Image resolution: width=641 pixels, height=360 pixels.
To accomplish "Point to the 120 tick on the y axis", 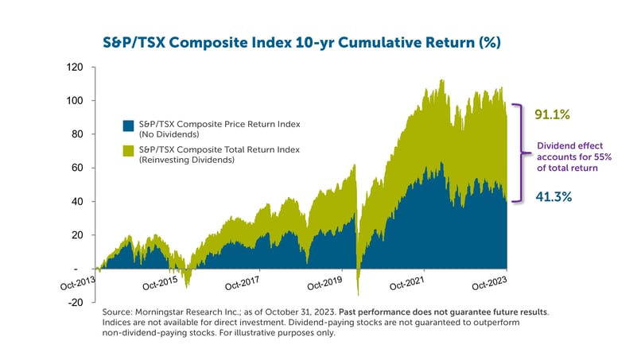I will pyautogui.click(x=77, y=68).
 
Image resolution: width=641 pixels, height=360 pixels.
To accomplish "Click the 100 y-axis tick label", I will pyautogui.click(x=77, y=101).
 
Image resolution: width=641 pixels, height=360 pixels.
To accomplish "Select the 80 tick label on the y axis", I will pyautogui.click(x=80, y=134).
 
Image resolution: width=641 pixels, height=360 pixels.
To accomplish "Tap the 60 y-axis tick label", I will pyautogui.click(x=80, y=168).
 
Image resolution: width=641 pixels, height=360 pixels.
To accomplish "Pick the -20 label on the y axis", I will pyautogui.click(x=78, y=302).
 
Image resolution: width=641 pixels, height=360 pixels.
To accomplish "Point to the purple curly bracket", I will pyautogui.click(x=520, y=153).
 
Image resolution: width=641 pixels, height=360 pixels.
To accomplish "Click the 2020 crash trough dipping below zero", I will pyautogui.click(x=359, y=292).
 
